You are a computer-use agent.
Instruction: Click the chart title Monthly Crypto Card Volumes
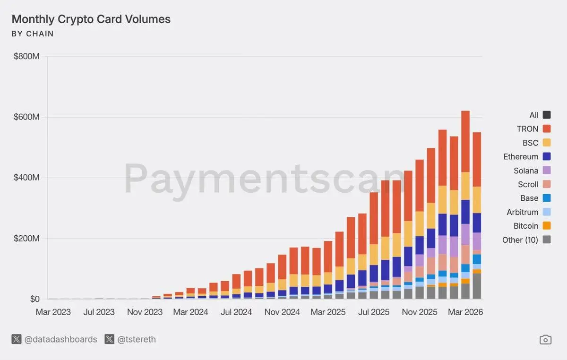coord(91,19)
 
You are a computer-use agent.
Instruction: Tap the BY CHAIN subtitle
coord(33,34)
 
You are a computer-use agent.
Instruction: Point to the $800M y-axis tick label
coord(26,57)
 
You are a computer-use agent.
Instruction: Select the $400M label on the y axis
coord(26,178)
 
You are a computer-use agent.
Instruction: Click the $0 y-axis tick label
coord(34,299)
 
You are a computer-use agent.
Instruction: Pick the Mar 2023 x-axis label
coord(53,312)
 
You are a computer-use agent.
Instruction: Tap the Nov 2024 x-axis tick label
coord(282,312)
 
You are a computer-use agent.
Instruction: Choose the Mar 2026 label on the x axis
coord(465,312)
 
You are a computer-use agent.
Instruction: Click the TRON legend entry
coord(527,129)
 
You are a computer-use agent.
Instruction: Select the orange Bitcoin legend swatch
coord(547,226)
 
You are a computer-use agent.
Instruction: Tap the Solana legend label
coord(526,171)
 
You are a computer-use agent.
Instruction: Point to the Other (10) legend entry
coord(520,240)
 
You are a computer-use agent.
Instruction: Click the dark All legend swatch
coord(547,115)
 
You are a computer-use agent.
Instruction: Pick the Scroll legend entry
coord(528,184)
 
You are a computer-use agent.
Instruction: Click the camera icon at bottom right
coord(545,340)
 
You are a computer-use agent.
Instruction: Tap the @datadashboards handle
coord(60,340)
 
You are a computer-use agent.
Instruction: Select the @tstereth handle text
coord(136,340)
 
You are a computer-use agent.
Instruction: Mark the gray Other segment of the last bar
coord(477,286)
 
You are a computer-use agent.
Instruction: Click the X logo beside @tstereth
coord(110,340)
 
